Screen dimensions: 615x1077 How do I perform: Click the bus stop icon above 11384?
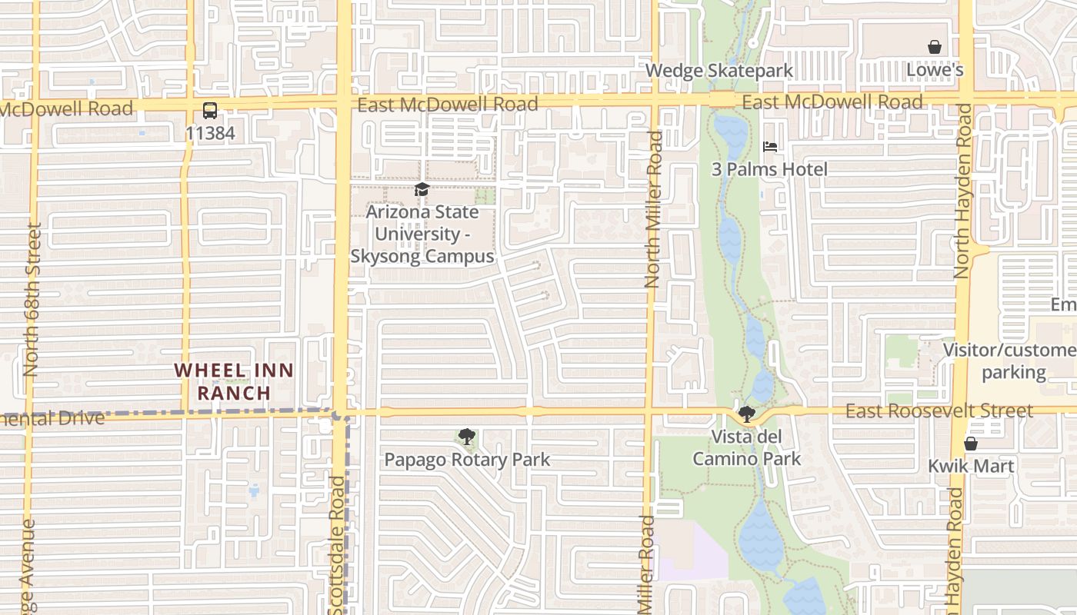click(x=209, y=110)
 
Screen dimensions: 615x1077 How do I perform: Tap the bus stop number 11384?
click(x=209, y=133)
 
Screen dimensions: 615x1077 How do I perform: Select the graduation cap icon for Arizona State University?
click(x=422, y=189)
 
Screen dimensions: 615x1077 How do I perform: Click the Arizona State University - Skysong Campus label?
click(x=422, y=234)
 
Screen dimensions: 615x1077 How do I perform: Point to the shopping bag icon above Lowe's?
click(x=935, y=48)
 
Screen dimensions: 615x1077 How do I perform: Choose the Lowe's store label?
click(x=935, y=70)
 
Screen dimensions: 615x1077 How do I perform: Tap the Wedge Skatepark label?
click(x=719, y=71)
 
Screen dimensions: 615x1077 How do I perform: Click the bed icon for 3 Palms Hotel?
click(x=769, y=147)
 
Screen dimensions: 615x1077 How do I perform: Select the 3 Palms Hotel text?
click(x=769, y=169)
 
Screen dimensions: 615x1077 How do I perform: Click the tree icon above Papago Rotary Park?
click(x=466, y=437)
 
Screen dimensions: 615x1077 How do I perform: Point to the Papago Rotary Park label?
click(x=467, y=460)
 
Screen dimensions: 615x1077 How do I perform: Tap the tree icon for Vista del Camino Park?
click(x=746, y=414)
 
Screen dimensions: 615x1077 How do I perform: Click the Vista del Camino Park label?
click(x=746, y=447)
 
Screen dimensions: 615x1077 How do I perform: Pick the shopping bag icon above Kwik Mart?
click(x=971, y=444)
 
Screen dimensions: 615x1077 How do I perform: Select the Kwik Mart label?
click(x=971, y=466)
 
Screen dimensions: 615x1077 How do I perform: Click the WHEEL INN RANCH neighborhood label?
click(x=234, y=381)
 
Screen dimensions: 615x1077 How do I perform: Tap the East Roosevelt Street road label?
click(x=939, y=411)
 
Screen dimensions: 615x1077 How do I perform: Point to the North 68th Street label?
click(x=32, y=300)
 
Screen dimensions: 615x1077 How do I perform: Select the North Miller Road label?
click(x=653, y=209)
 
